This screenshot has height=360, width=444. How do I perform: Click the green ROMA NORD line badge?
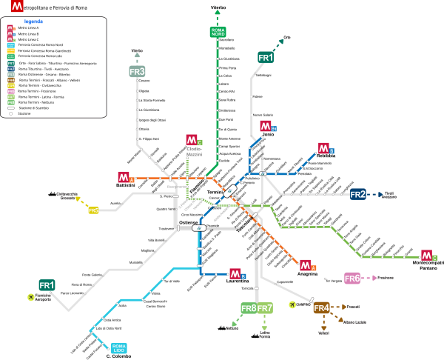coord(218,32)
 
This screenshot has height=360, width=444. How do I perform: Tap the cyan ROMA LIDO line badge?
coord(118,347)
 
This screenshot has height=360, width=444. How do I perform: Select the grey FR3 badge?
coord(137,71)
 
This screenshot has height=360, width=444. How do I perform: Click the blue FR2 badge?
coord(357,194)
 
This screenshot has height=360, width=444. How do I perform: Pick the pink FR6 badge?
coord(352,279)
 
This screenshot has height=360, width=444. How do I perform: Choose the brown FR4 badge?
coord(321,307)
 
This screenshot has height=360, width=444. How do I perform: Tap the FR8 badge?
coord(249,307)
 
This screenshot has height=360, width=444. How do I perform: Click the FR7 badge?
coord(265,307)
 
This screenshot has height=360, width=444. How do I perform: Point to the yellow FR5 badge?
coord(93,210)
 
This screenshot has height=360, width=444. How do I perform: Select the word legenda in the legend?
coord(33,21)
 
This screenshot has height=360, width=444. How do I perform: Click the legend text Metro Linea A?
coord(29,28)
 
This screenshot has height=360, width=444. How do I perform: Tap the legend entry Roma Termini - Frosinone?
coord(37,91)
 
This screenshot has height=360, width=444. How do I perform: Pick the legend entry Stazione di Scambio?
coord(33,107)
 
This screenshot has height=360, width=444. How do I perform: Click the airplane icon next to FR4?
coord(293,304)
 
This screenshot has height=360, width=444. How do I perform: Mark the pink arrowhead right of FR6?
coord(374,278)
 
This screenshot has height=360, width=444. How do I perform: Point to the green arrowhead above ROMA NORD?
coord(218,12)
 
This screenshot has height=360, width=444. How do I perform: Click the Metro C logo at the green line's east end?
coord(427,255)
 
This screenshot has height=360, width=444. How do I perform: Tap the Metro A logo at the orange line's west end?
coord(124,177)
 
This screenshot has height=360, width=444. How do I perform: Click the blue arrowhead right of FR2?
coord(381,195)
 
